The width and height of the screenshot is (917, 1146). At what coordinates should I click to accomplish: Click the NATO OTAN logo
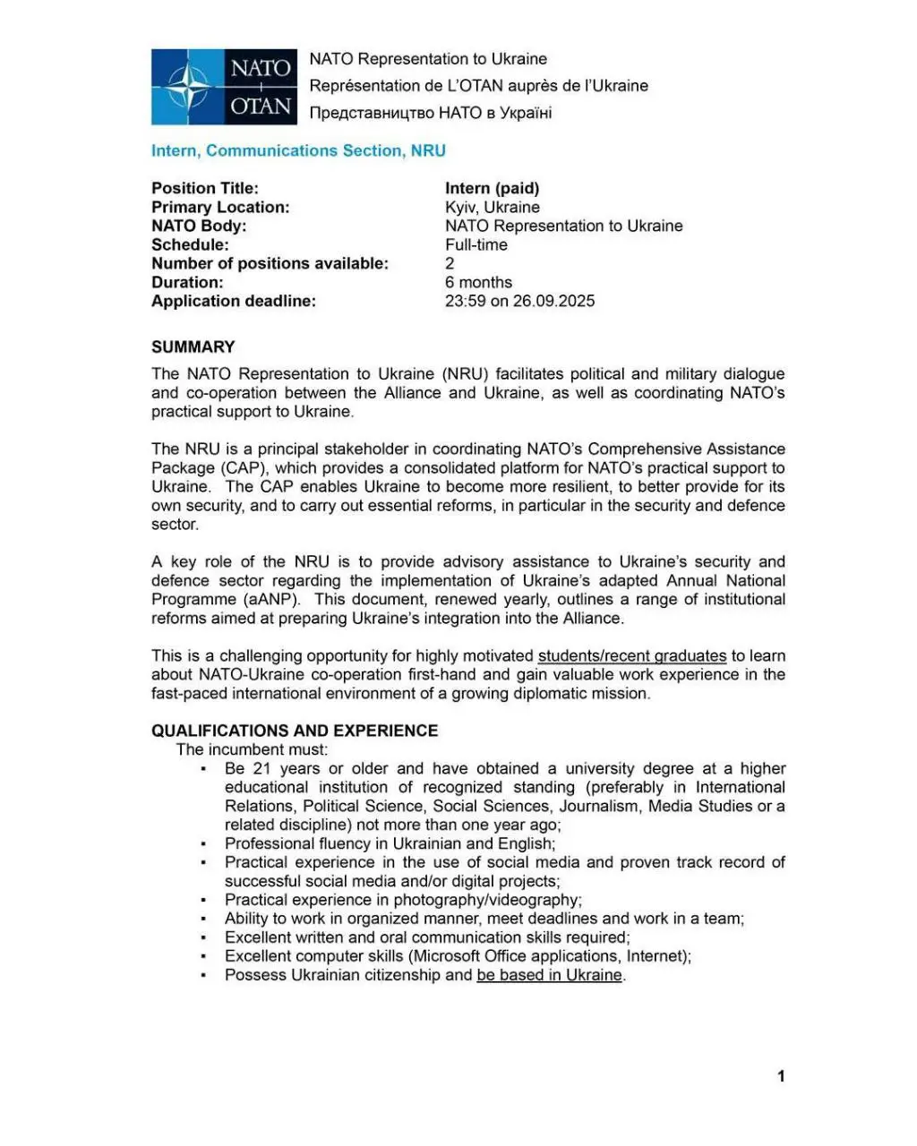(224, 87)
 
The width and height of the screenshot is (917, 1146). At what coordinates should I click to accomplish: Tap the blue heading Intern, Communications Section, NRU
(298, 150)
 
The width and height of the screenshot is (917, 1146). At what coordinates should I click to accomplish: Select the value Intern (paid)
(492, 188)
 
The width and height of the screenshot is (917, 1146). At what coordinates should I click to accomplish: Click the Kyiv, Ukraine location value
(492, 207)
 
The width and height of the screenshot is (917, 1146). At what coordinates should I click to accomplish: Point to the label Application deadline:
(233, 301)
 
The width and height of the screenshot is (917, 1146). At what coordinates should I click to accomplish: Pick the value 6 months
(478, 282)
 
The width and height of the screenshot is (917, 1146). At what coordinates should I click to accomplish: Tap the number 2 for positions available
(450, 263)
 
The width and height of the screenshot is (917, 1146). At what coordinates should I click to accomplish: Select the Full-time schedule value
(476, 244)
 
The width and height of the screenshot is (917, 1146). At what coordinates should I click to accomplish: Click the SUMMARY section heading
(193, 346)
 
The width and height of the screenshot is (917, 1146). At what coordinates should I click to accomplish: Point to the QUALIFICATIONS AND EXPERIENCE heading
(295, 731)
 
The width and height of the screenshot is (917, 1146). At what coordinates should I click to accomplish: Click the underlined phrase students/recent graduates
(631, 656)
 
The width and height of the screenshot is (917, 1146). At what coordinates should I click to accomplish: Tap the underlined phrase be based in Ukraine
(549, 975)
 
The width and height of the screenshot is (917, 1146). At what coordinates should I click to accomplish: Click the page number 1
(781, 1076)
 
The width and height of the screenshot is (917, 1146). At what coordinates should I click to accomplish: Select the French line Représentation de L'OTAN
(478, 86)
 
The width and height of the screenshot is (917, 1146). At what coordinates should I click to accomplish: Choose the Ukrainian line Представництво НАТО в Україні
(430, 113)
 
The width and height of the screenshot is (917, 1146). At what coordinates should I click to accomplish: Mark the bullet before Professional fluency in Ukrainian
(204, 844)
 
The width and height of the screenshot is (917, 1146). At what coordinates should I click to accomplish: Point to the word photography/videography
(486, 900)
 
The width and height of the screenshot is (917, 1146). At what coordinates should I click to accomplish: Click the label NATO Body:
(198, 226)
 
